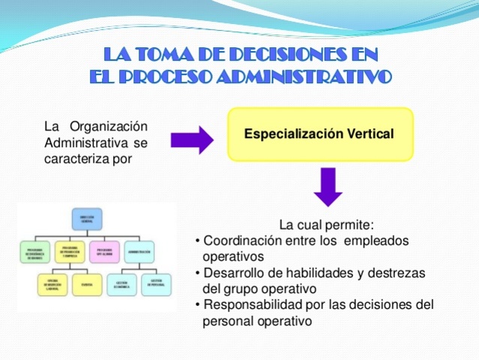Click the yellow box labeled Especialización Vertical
click(320, 135)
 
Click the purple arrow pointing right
click(192, 139)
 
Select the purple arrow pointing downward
click(328, 187)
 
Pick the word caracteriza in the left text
click(77, 157)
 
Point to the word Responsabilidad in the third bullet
click(256, 305)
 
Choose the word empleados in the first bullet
click(377, 241)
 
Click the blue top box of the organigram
click(87, 219)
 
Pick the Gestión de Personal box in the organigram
click(155, 285)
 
